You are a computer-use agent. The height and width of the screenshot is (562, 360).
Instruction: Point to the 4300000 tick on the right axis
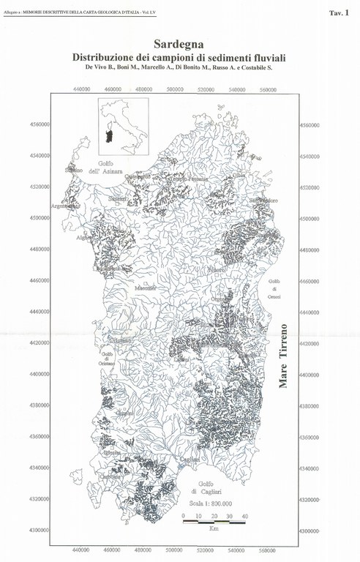pyautogui.click(x=310, y=530)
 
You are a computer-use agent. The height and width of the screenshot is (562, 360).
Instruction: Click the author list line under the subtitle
pyautogui.click(x=180, y=68)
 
